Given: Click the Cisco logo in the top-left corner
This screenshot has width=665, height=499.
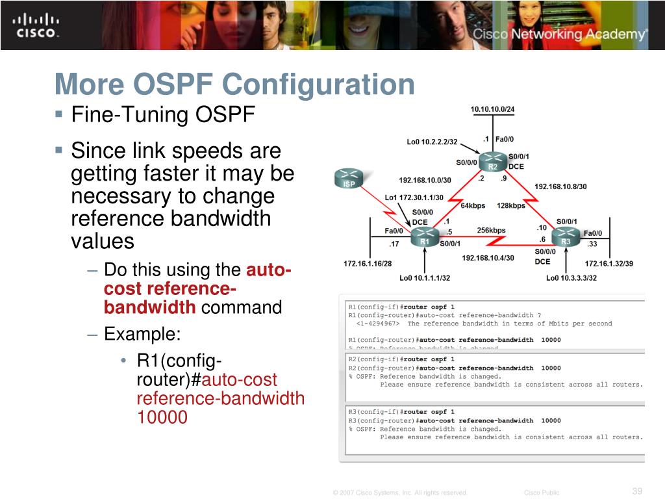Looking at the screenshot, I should [36, 25].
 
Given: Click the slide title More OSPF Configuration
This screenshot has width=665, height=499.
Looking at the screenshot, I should [234, 84].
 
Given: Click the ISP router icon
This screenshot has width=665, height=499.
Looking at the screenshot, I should [349, 179].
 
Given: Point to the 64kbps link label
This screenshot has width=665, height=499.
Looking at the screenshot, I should [473, 206].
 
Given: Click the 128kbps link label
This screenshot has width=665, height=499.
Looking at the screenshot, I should [511, 206].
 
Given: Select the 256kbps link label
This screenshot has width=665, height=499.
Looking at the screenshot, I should [491, 230].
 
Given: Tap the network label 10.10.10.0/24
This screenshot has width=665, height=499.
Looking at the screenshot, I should [492, 109].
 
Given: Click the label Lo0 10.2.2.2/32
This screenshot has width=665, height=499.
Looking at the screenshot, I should [432, 142].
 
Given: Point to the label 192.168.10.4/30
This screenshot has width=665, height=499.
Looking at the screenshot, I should [488, 258].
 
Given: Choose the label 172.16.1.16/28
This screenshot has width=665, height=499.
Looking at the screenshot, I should [368, 264].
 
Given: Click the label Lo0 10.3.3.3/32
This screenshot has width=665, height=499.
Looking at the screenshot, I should [571, 278].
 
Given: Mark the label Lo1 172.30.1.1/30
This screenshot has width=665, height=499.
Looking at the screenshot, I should [414, 198].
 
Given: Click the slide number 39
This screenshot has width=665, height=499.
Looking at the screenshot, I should [636, 491].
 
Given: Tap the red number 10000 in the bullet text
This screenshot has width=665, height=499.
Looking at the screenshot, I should [162, 417].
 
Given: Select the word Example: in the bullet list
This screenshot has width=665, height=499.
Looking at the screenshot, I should [142, 334].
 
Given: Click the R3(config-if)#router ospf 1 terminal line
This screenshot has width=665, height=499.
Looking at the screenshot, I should [401, 412].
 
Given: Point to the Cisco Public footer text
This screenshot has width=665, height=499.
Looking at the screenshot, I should [541, 493].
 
